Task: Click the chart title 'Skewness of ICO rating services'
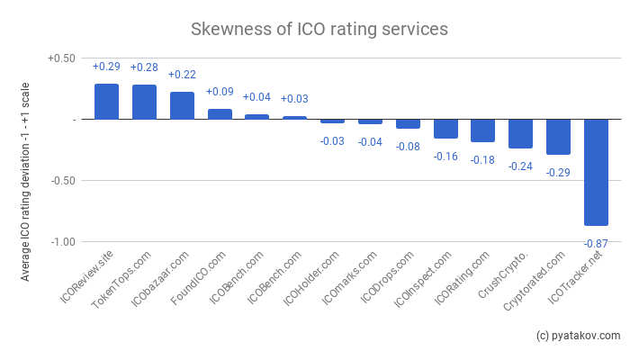coord(319,29)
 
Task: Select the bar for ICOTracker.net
coord(596,172)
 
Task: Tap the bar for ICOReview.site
coord(106,102)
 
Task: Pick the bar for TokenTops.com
coord(144,102)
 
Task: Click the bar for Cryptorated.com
coord(558,137)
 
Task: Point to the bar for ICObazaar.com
coord(182,105)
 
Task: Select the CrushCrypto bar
coord(520,133)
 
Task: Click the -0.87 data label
coord(596,244)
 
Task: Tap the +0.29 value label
coord(106,67)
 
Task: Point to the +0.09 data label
coord(220,92)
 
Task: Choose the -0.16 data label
coord(445,156)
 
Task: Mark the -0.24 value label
coord(520,166)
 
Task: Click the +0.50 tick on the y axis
coord(60,58)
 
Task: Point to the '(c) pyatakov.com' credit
coord(578,336)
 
